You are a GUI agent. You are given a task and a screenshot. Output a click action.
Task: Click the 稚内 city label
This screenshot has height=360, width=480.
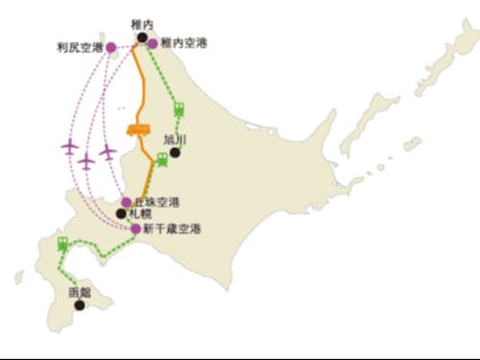click(x=142, y=23)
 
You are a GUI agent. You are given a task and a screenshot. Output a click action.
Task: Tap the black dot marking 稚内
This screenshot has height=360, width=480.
click(x=142, y=36)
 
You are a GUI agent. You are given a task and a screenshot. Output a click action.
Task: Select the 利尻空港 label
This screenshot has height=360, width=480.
click(x=79, y=45)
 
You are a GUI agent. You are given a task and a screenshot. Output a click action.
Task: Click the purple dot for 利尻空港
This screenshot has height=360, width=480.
click(x=111, y=45)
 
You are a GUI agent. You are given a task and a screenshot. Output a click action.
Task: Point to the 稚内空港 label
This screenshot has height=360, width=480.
click(x=183, y=43)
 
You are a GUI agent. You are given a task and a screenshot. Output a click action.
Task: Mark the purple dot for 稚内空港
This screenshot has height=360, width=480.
click(x=154, y=43)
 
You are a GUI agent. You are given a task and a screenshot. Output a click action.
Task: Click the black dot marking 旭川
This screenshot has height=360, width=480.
click(x=175, y=152)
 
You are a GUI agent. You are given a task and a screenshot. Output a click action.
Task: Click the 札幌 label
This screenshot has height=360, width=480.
click(x=140, y=214)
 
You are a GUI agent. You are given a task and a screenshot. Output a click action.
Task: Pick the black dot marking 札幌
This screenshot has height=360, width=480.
click(x=121, y=214)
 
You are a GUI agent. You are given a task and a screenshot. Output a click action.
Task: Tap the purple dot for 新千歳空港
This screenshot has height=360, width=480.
click(x=136, y=228)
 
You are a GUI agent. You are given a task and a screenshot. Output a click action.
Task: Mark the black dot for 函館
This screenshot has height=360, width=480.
click(x=80, y=305)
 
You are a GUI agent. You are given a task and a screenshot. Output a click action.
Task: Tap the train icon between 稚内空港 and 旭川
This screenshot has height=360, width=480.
click(x=178, y=108)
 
